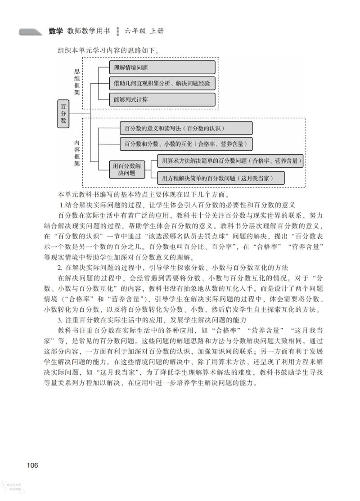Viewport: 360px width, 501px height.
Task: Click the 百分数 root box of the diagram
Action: coord(63,114)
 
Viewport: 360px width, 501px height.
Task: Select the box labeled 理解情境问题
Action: coord(162,68)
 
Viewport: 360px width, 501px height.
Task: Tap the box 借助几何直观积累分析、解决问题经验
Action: coord(162,84)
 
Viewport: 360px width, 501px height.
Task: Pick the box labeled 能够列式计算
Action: coord(162,99)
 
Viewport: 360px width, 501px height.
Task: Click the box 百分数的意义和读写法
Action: coord(185,128)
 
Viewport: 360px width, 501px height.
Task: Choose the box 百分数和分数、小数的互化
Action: coord(185,144)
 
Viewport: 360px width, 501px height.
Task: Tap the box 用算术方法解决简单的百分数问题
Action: coord(229,161)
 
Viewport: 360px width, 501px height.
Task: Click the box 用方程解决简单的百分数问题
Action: coord(220,178)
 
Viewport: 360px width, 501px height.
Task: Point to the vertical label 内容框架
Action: coord(77,152)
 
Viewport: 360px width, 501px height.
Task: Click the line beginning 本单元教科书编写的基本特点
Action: coord(144,195)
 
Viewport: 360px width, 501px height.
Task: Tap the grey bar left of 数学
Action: coord(31,32)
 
